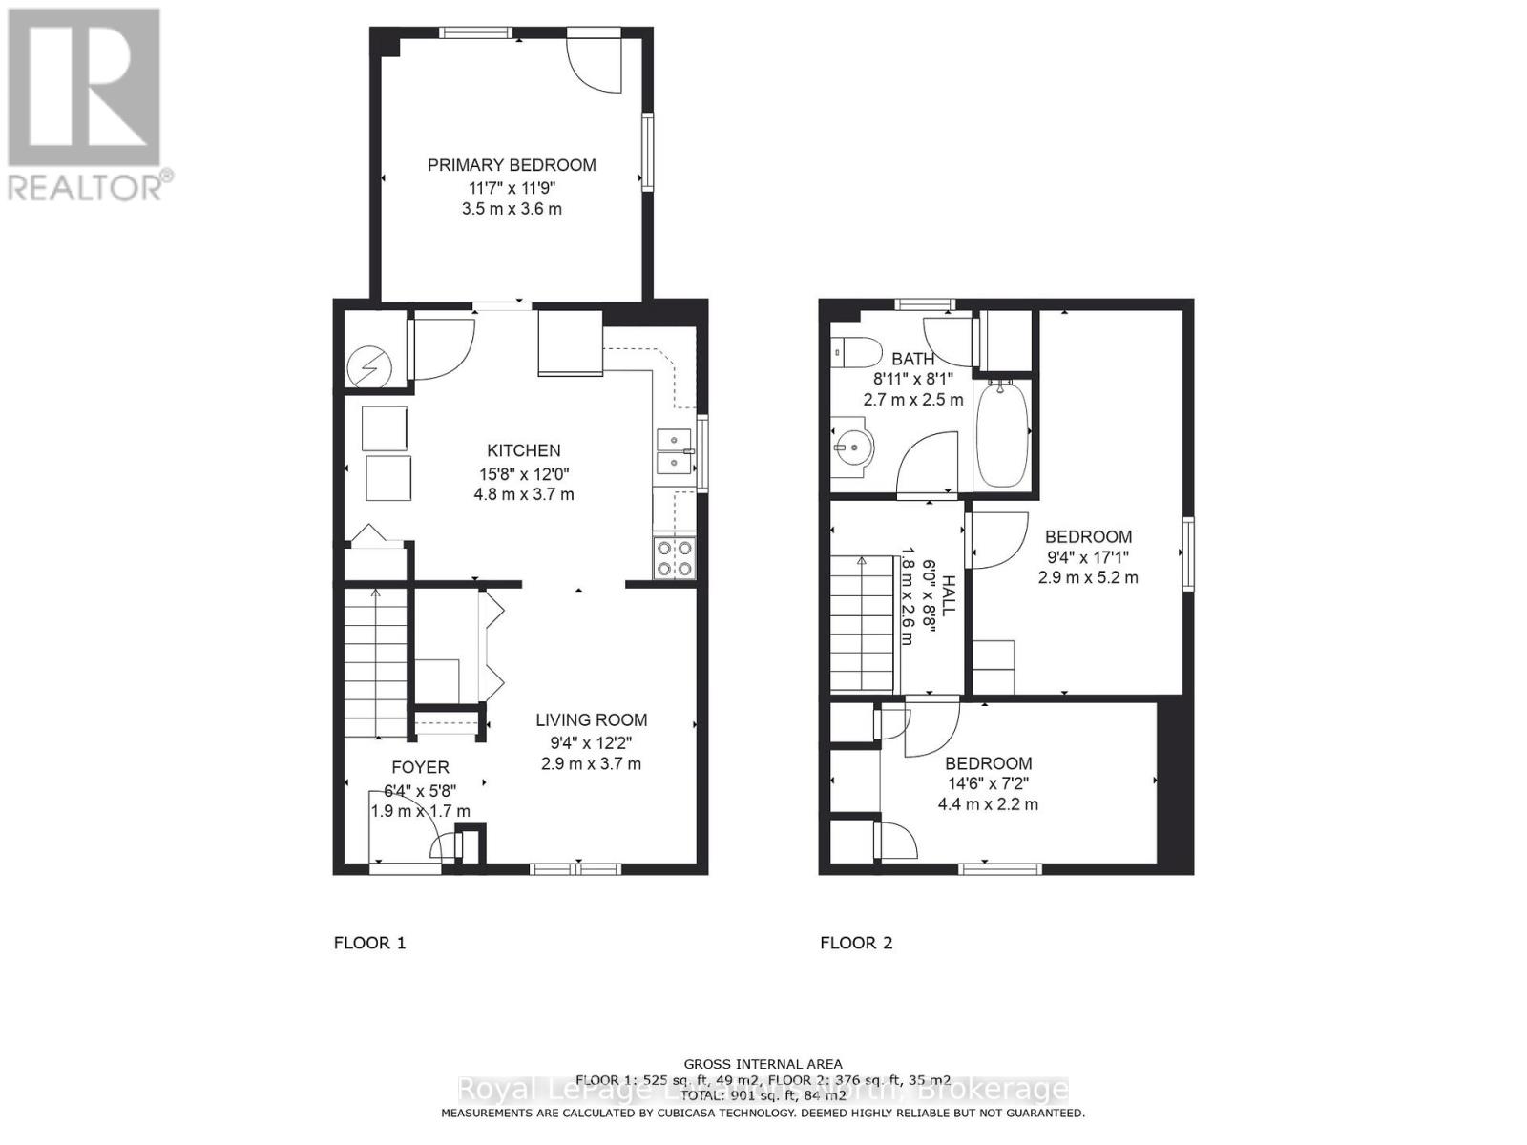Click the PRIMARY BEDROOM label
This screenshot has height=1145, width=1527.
coord(512,165)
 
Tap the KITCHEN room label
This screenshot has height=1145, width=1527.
coord(524,450)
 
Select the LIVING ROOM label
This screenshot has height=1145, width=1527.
coord(591,720)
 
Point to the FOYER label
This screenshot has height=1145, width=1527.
coord(420,767)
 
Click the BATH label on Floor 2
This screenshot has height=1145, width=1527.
coord(912,360)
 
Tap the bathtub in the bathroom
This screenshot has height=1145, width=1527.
coord(1001,434)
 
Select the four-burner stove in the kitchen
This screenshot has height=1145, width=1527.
coord(674,558)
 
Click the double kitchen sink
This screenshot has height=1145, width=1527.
coord(675,451)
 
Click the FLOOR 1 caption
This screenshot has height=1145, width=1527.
coord(369,943)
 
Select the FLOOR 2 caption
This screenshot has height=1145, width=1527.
coord(856,943)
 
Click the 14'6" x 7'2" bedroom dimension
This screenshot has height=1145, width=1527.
coord(988,783)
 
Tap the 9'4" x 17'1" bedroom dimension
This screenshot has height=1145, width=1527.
coord(1088,557)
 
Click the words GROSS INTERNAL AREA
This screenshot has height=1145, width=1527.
coord(763,1064)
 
